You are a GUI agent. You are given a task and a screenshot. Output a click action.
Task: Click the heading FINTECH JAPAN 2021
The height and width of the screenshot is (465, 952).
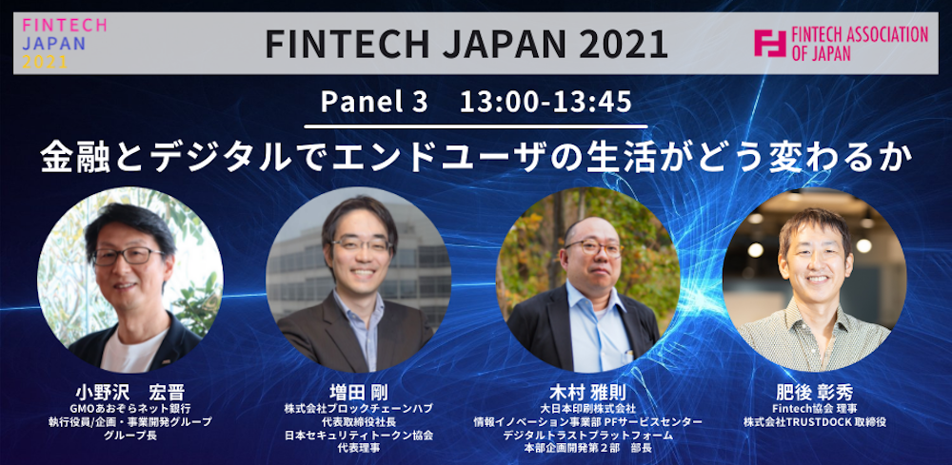[x=466, y=43]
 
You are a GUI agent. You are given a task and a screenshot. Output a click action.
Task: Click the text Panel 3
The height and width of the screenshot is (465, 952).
[x=374, y=101]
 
